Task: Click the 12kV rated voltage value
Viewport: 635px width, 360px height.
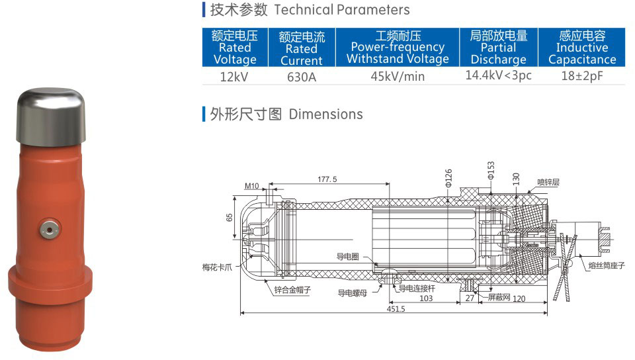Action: click(234, 77)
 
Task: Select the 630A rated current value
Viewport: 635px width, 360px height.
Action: click(302, 77)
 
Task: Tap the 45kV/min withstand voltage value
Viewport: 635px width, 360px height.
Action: click(398, 76)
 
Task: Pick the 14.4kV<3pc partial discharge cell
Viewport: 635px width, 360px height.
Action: click(498, 75)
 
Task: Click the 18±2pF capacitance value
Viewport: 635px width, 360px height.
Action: click(582, 75)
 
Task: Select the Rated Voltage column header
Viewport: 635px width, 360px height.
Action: click(235, 48)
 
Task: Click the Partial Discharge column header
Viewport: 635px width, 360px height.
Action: click(499, 48)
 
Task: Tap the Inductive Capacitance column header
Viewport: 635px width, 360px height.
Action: click(582, 48)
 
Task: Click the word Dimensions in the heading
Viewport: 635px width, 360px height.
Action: click(325, 114)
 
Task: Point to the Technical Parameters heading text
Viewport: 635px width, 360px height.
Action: click(342, 10)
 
